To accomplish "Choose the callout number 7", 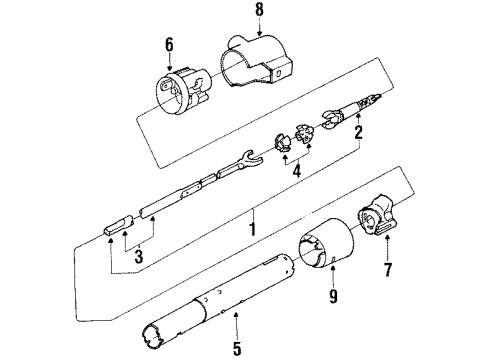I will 386,269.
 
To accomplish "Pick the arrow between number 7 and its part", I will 386,251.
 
